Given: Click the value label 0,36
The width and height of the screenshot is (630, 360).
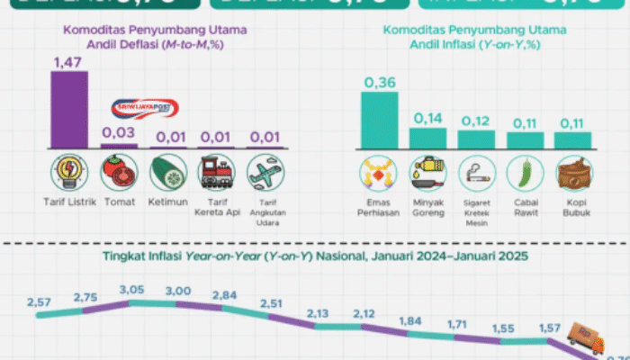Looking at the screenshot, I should tap(379, 82).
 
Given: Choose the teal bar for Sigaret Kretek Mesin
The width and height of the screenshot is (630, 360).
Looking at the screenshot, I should tap(476, 139).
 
